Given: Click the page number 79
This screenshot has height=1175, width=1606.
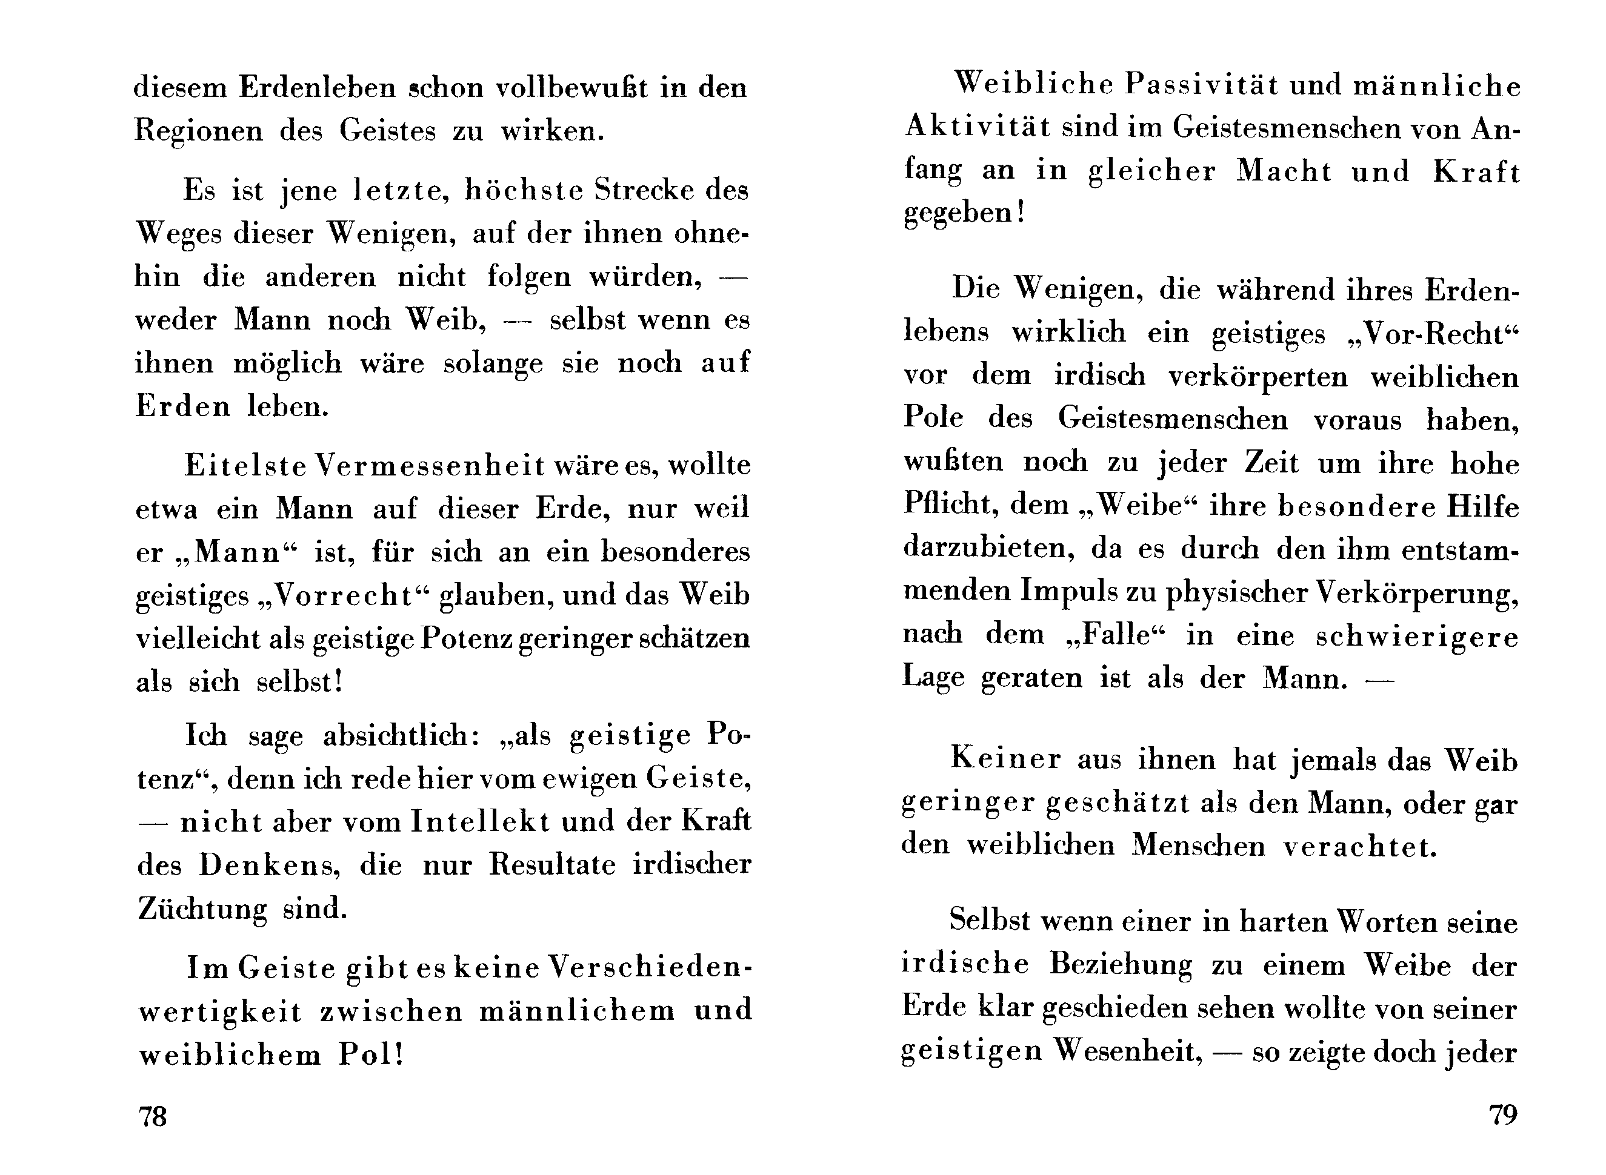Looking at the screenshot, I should point(1503,1113).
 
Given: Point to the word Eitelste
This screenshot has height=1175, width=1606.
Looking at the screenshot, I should point(245,465).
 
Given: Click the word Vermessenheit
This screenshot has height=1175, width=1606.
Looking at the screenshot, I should point(430,465).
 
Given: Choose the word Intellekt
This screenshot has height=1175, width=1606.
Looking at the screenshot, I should point(481,821).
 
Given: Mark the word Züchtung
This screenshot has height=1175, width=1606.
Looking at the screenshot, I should point(202,909).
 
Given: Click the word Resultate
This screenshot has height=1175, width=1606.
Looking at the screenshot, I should point(551,865).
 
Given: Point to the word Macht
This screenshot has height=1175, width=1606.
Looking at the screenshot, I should point(1284,171).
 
